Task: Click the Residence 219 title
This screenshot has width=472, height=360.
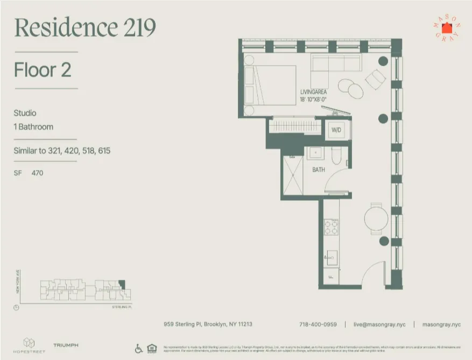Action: [x=86, y=27]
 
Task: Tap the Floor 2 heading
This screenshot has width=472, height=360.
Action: [x=43, y=70]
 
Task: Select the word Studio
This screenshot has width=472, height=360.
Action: [x=25, y=113]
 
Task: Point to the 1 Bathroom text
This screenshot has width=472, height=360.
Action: [x=33, y=127]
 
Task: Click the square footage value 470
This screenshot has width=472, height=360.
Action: [x=37, y=173]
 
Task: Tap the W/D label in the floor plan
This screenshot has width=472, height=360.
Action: [x=337, y=130]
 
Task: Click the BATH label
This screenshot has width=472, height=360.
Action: [x=319, y=170]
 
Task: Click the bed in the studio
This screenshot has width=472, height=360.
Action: [x=269, y=89]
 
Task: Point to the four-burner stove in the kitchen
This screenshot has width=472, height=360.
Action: [x=331, y=228]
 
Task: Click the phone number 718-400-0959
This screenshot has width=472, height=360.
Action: [x=318, y=324]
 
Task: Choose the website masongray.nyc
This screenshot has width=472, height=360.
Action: [x=441, y=324]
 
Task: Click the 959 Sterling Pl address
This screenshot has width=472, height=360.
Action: [x=208, y=324]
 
